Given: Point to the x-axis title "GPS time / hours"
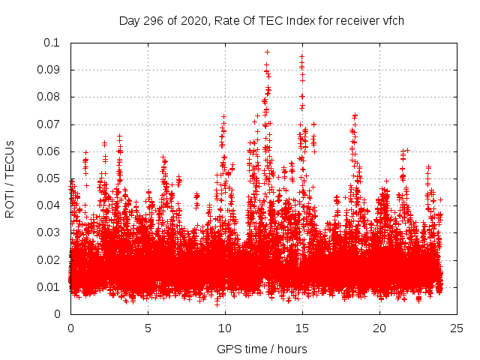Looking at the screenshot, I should point(262,349).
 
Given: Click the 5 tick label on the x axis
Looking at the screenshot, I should point(148,328).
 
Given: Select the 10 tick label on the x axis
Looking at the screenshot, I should point(226,328).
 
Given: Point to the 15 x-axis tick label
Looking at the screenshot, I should point(303,328).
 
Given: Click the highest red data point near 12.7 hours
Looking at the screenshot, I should point(267,52).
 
